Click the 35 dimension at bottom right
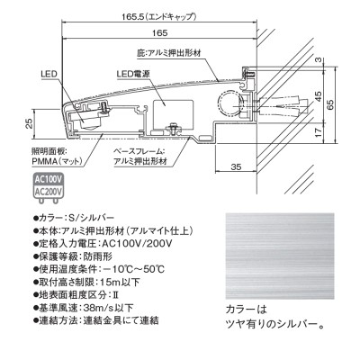tap(235, 167)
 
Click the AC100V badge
tap(47, 179)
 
